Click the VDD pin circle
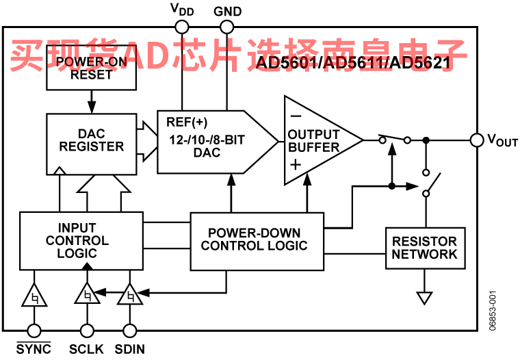182,27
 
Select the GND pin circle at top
227,27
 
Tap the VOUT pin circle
477,140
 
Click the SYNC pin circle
34,331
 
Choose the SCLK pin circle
87,331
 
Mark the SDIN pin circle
130,331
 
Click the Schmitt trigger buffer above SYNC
34,295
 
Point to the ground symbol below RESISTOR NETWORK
424,298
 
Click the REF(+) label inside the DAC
187,122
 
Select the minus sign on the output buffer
296,116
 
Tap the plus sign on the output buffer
296,165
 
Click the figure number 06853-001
493,311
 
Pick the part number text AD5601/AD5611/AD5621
353,62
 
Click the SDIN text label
130,349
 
